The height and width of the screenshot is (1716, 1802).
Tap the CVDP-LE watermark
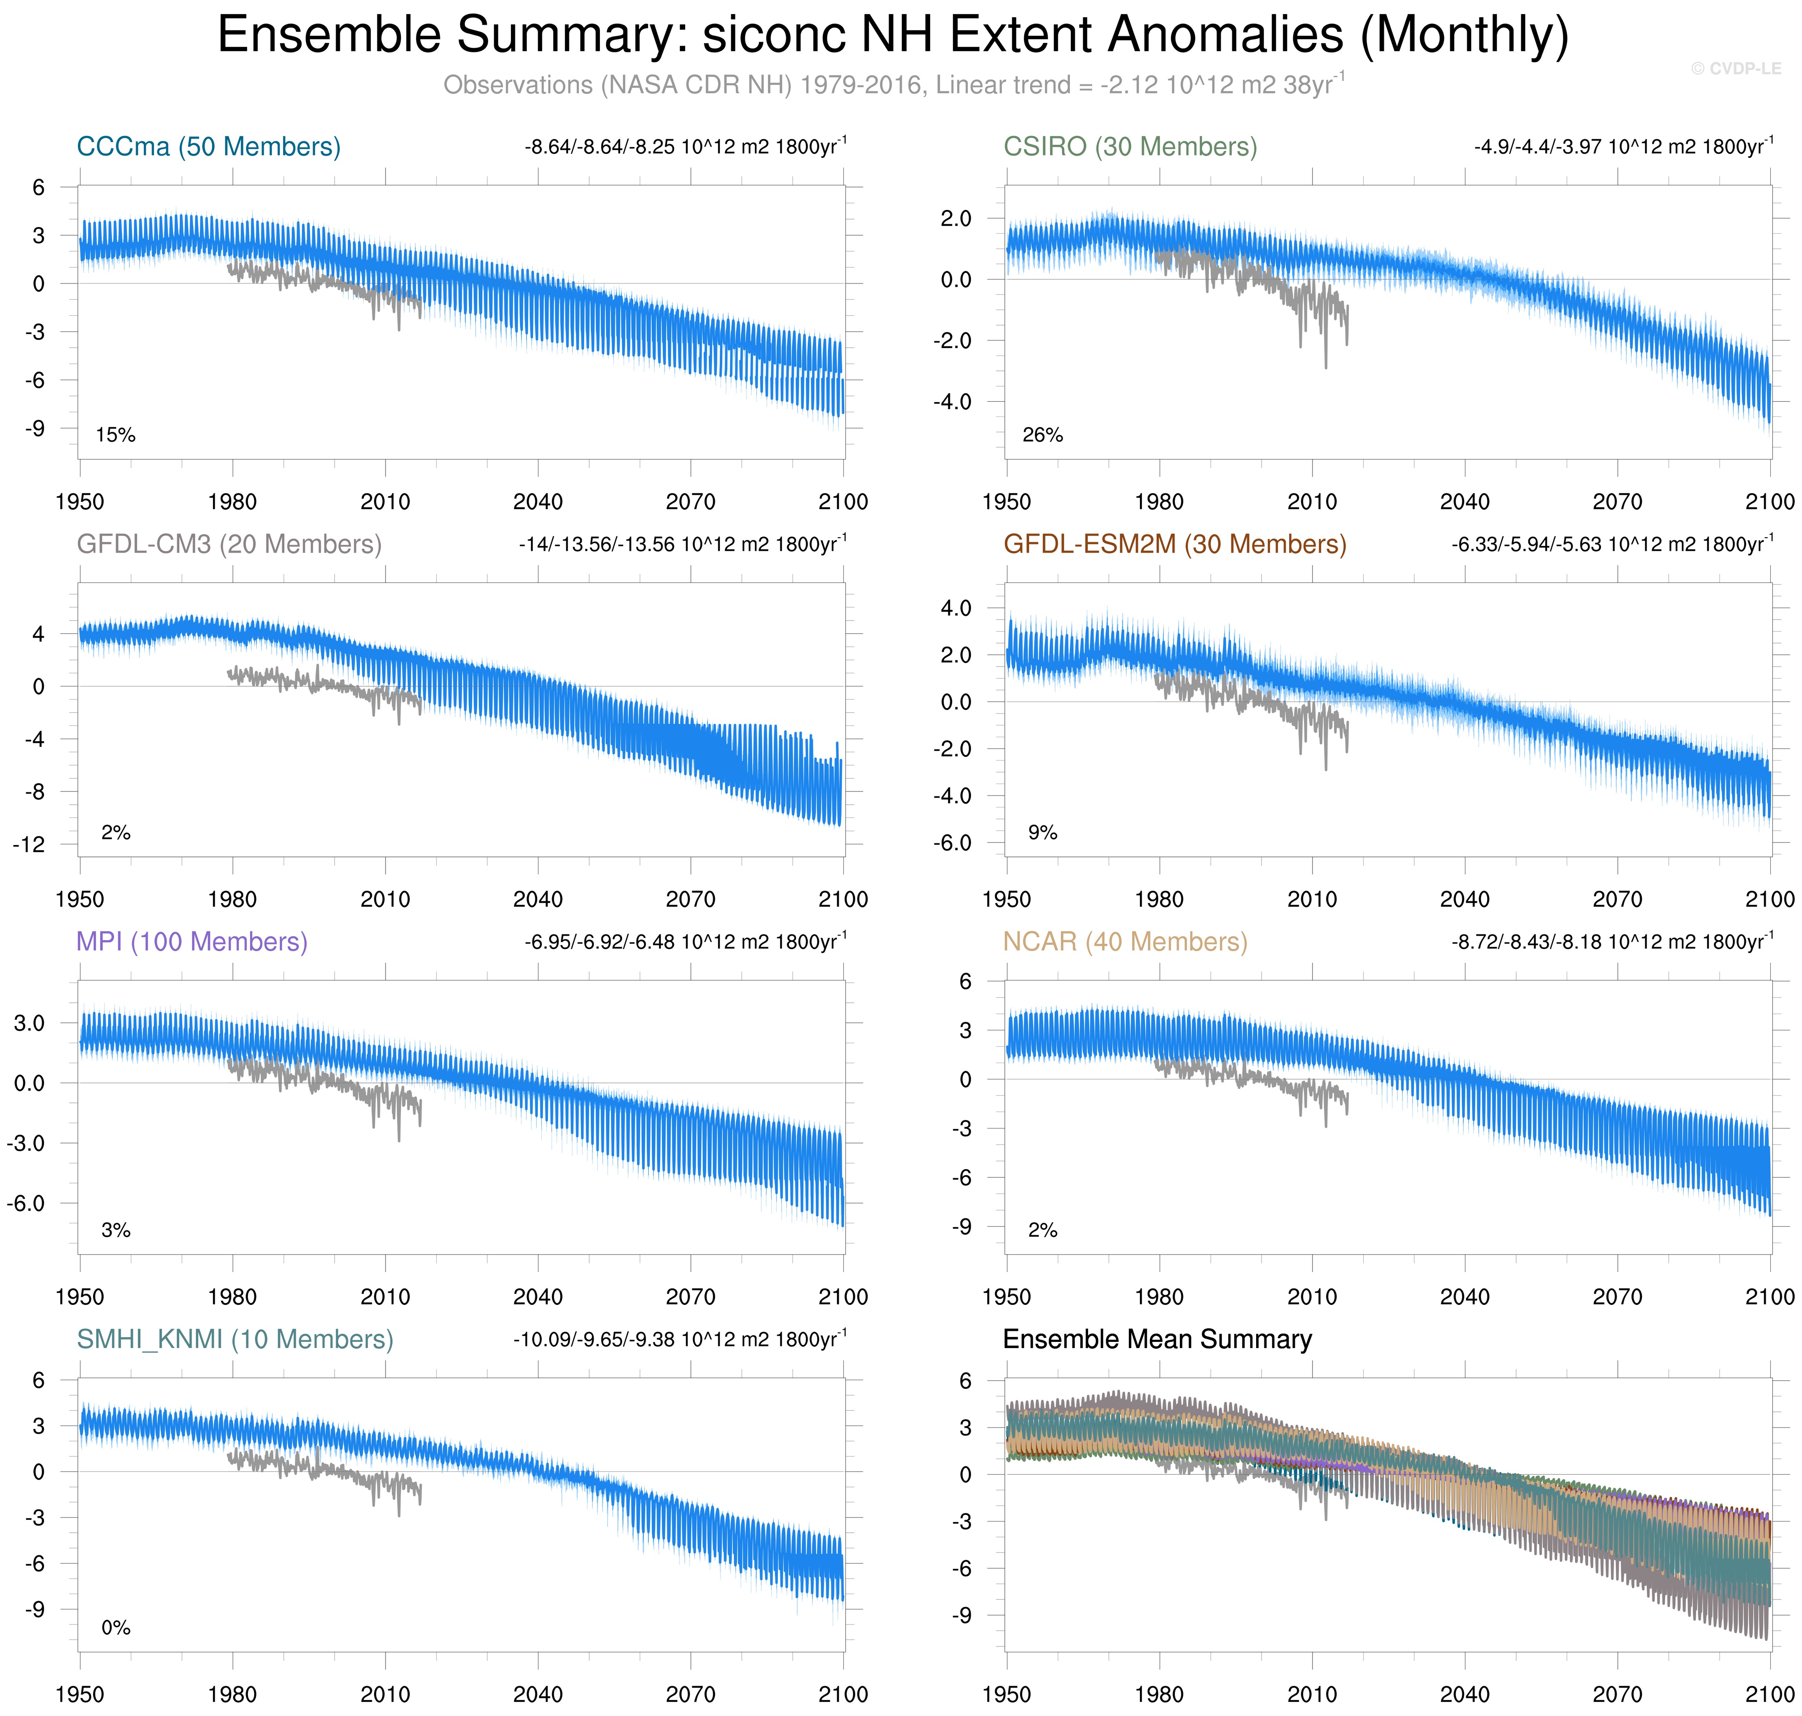(1735, 69)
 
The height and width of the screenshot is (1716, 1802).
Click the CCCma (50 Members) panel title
(208, 146)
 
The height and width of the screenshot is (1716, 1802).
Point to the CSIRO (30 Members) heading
(1130, 146)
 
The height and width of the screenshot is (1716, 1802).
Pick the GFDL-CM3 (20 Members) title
(229, 544)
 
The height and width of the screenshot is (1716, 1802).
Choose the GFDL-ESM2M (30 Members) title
(1175, 544)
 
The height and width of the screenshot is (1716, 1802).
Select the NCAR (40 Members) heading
(1125, 941)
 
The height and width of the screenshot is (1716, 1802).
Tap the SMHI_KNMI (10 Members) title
(235, 1339)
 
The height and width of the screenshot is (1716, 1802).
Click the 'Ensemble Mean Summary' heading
(1157, 1339)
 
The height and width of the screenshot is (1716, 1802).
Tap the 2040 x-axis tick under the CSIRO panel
(1465, 501)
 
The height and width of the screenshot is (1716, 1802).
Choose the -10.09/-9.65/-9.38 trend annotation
(680, 1339)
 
